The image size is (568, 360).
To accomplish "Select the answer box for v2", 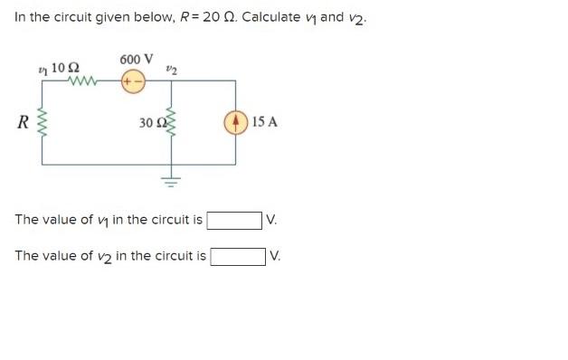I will click(238, 256).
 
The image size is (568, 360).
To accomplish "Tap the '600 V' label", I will click(135, 60).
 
